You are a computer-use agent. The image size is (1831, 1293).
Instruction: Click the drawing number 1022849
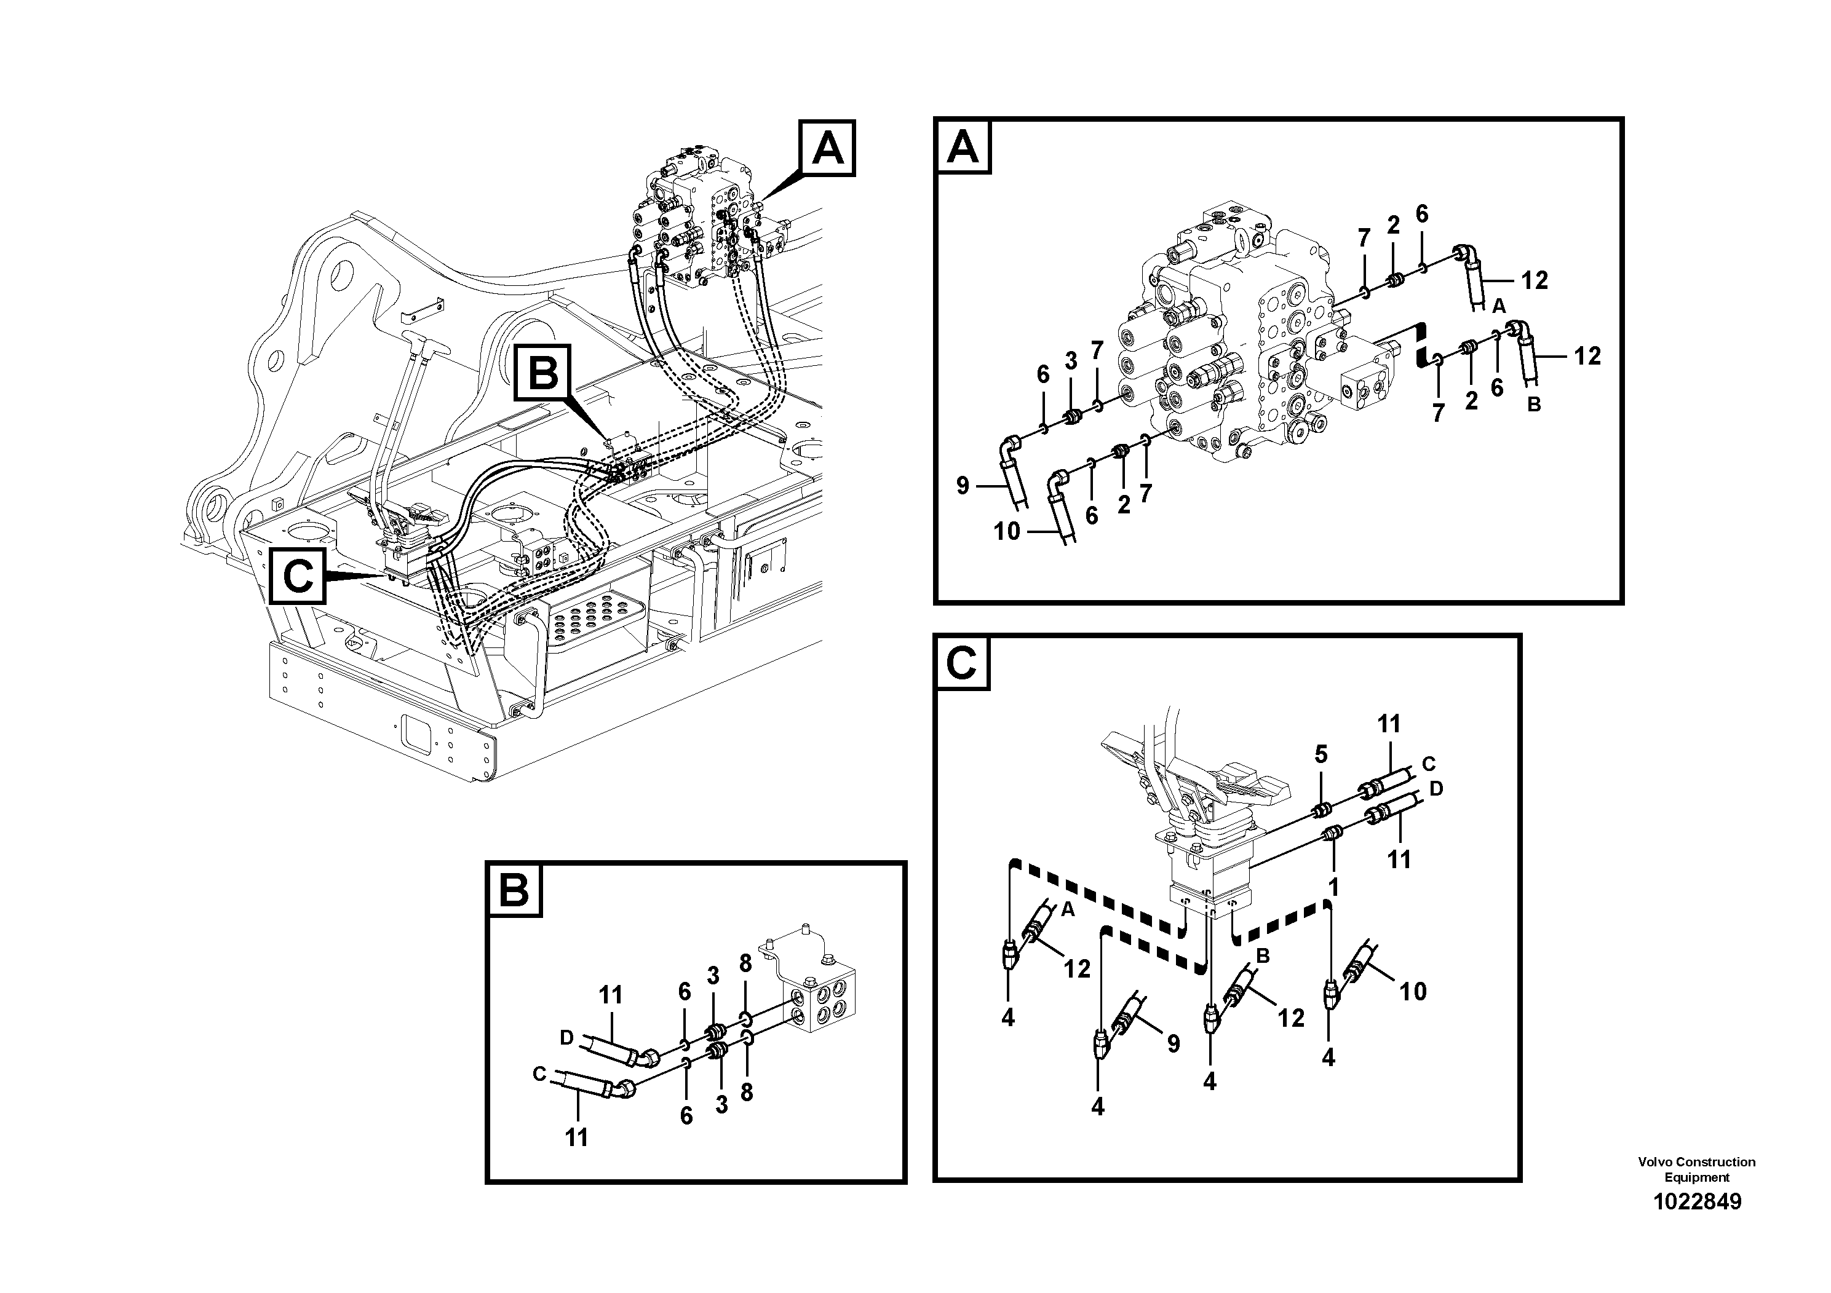pyautogui.click(x=1697, y=1201)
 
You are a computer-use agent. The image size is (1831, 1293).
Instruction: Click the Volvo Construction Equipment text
pyautogui.click(x=1696, y=1169)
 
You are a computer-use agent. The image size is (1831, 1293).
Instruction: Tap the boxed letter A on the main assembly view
pyautogui.click(x=827, y=148)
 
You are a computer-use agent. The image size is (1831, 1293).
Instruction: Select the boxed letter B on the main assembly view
pyautogui.click(x=543, y=372)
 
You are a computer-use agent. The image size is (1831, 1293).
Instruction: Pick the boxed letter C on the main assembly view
pyautogui.click(x=298, y=575)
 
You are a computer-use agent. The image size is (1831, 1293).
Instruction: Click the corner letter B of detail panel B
pyautogui.click(x=514, y=890)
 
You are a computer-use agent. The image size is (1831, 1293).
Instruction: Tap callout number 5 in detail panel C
pyautogui.click(x=1321, y=755)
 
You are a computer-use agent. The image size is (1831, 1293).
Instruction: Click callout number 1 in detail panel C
pyautogui.click(x=1333, y=887)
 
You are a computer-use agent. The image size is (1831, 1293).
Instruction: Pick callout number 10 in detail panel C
pyautogui.click(x=1412, y=992)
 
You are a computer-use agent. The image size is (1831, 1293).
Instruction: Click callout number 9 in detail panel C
pyautogui.click(x=1173, y=1043)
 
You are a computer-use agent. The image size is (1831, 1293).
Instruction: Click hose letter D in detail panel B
pyautogui.click(x=567, y=1038)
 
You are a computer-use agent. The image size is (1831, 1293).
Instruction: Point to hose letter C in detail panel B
pyautogui.click(x=539, y=1075)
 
